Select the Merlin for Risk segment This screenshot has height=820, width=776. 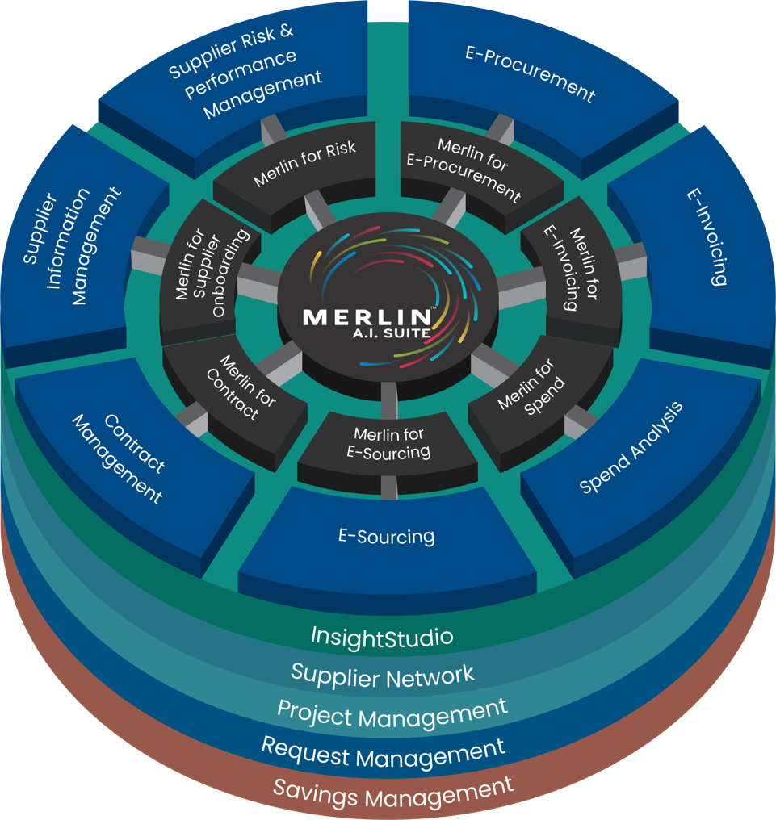(x=304, y=165)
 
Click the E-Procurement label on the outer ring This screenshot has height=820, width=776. (x=530, y=74)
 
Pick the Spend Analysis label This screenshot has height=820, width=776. (x=631, y=447)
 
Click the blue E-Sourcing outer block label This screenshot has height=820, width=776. (x=385, y=536)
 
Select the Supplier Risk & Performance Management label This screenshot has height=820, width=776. (x=243, y=73)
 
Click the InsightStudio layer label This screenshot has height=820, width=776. (x=382, y=638)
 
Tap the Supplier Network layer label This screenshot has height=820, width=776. (x=383, y=674)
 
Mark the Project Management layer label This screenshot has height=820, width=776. (x=392, y=713)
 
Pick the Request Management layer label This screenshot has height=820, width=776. (x=383, y=752)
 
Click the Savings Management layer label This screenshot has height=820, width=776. (x=393, y=791)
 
